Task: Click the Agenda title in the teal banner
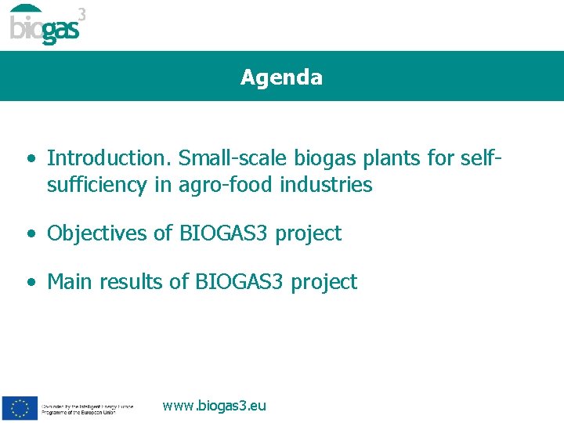pyautogui.click(x=281, y=78)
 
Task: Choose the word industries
pyautogui.click(x=324, y=185)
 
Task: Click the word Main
pyautogui.click(x=69, y=282)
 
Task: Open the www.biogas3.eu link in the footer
pyautogui.click(x=214, y=406)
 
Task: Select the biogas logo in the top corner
pyautogui.click(x=45, y=25)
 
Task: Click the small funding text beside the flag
pyautogui.click(x=88, y=409)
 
